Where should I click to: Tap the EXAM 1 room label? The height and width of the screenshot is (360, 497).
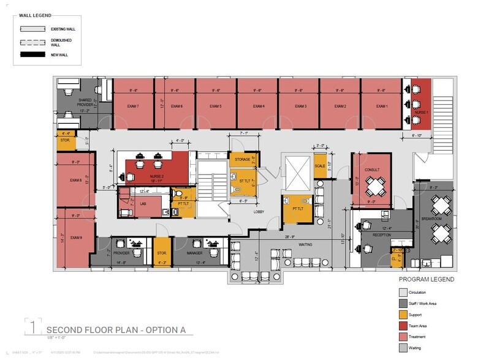[x=382, y=107]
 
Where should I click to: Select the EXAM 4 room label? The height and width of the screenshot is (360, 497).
[x=258, y=107]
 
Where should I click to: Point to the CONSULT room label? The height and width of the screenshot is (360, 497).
[x=372, y=168]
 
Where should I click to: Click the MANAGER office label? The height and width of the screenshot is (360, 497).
[x=194, y=252]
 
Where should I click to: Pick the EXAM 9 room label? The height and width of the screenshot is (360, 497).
[x=75, y=238]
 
